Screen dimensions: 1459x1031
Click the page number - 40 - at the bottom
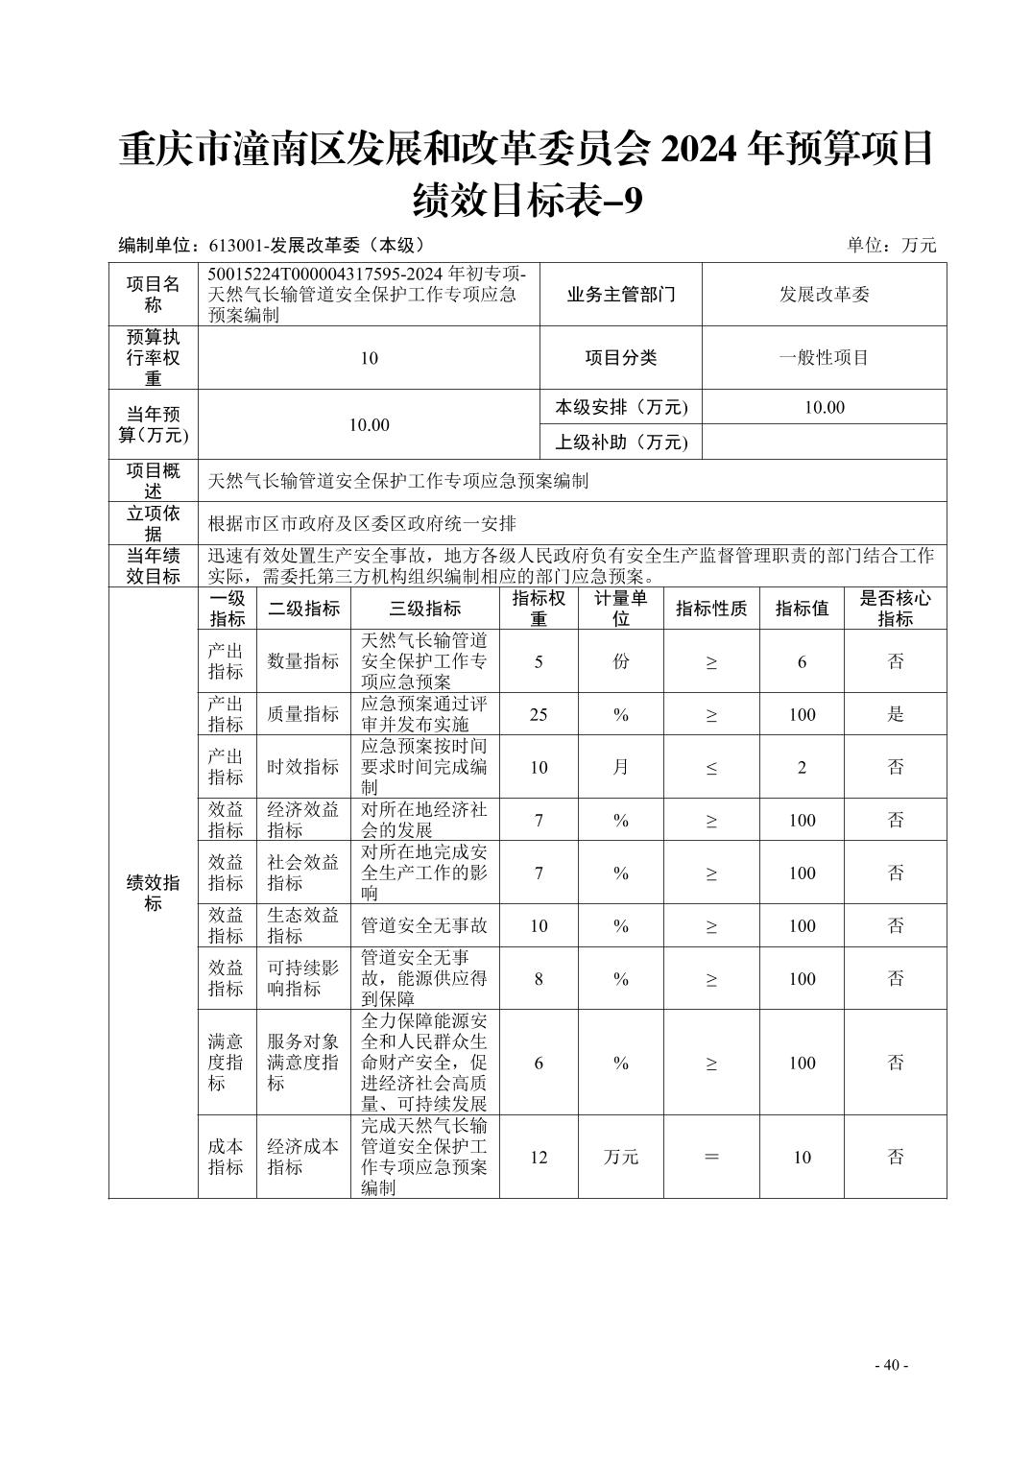(x=891, y=1365)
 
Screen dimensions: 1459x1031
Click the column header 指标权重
(x=539, y=609)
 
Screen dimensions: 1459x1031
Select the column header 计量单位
(x=620, y=609)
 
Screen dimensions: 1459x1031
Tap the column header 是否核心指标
(x=895, y=609)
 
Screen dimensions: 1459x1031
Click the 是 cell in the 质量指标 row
(x=895, y=714)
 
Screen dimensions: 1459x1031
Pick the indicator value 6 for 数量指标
(x=802, y=661)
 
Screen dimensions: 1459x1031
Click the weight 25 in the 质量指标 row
(x=539, y=714)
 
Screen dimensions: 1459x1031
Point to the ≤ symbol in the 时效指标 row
(x=711, y=767)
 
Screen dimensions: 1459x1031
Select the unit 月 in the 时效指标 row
(x=620, y=767)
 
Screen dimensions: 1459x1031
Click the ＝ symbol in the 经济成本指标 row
(x=711, y=1157)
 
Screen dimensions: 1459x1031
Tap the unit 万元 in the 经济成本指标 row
(x=620, y=1157)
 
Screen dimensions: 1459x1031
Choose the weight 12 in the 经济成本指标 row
(x=539, y=1157)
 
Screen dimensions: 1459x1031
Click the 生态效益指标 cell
(x=303, y=925)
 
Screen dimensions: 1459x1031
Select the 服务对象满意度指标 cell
(x=303, y=1063)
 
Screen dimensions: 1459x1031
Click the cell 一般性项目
(x=824, y=358)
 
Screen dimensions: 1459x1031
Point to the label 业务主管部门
(x=621, y=295)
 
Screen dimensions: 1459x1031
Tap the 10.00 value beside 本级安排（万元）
(x=824, y=407)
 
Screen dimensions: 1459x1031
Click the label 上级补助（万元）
(x=621, y=442)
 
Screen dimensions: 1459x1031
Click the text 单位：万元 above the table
(x=891, y=245)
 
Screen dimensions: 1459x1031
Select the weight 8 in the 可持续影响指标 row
(x=539, y=978)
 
